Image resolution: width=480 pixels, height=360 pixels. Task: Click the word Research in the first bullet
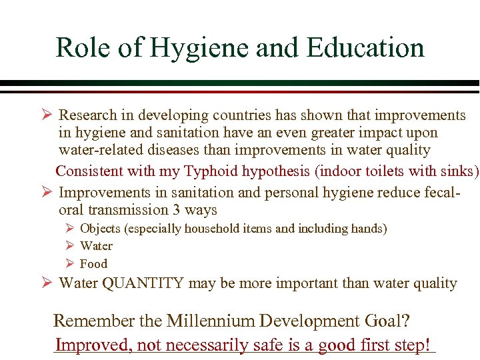[x=87, y=116]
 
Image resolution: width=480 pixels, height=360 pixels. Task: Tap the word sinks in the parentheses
[x=456, y=171]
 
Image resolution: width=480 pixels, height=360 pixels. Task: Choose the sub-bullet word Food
[x=93, y=264]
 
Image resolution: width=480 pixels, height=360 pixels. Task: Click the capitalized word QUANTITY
[x=142, y=283]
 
